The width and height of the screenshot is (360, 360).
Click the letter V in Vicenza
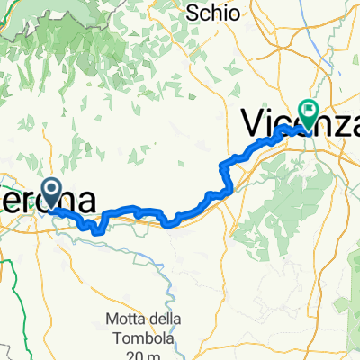point(253,123)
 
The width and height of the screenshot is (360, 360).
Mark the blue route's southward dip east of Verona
point(96,227)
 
